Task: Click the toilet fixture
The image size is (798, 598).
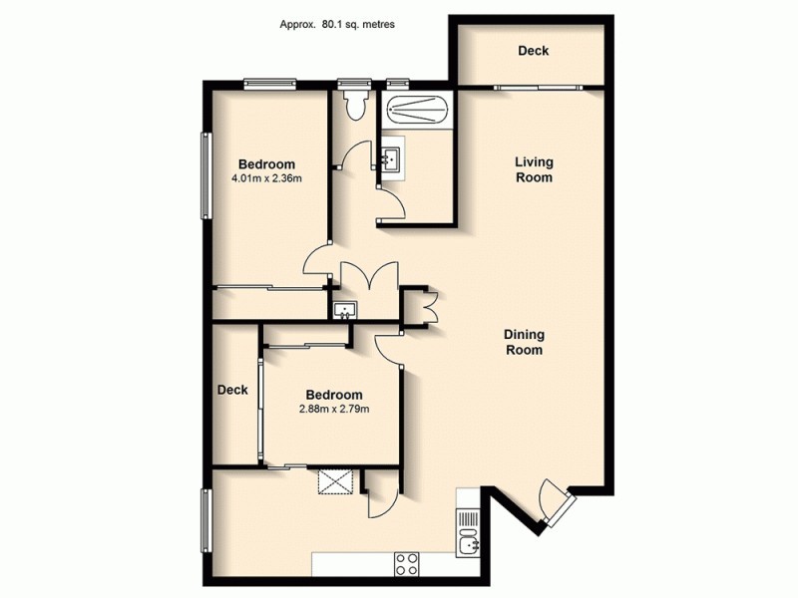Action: (x=352, y=104)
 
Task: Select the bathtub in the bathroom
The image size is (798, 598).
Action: (x=418, y=108)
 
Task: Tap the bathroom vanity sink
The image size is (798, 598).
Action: (x=391, y=156)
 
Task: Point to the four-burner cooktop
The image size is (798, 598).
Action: (x=407, y=564)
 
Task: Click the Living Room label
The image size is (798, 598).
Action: (x=534, y=169)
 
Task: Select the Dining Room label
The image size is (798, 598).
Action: (x=523, y=343)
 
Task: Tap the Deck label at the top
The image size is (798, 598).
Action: (x=534, y=52)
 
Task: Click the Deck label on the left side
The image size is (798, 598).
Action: (x=232, y=391)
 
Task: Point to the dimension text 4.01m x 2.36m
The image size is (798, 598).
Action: (x=266, y=179)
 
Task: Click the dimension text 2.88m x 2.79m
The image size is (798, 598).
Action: (x=334, y=409)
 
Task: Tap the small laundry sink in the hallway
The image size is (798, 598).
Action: (x=344, y=308)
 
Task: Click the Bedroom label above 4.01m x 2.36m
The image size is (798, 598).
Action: (x=266, y=164)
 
